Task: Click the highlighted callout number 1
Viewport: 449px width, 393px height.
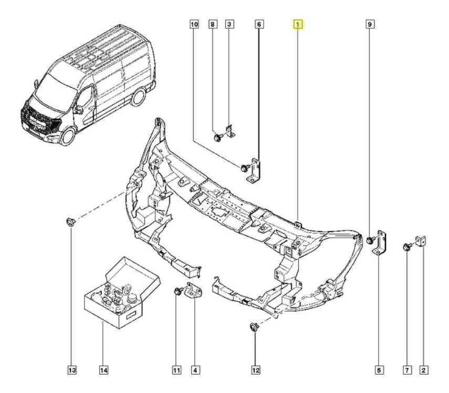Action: [297, 24]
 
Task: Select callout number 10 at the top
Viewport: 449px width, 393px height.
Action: [194, 24]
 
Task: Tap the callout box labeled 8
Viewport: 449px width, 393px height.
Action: [213, 24]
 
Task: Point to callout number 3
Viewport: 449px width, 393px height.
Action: [229, 24]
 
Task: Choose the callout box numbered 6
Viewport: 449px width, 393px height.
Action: [259, 24]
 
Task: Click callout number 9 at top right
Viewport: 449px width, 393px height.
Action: [370, 24]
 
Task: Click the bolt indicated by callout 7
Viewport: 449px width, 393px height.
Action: [407, 247]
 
